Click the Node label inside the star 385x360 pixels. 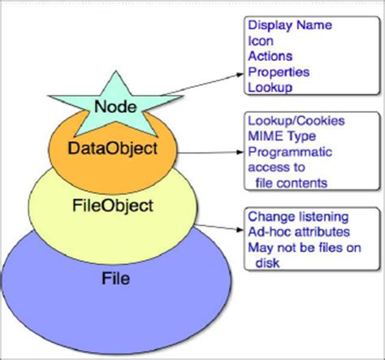(x=115, y=106)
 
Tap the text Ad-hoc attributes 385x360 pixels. (x=297, y=233)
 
